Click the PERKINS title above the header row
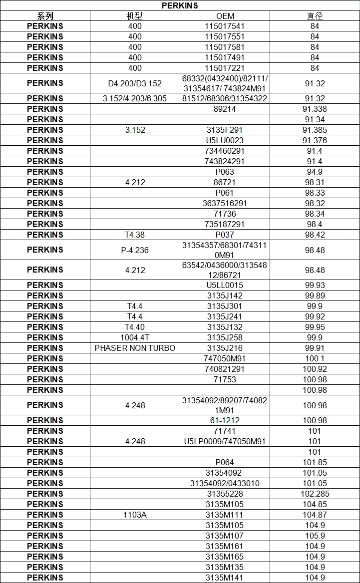click(180, 5)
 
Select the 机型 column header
click(135, 16)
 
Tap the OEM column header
click(225, 16)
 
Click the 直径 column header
click(315, 16)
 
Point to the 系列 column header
click(45, 16)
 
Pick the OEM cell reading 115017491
click(225, 57)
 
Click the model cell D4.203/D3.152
click(135, 83)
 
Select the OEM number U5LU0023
click(225, 140)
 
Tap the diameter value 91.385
click(315, 130)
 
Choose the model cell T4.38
click(135, 235)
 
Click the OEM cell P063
click(225, 172)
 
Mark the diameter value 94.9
click(315, 172)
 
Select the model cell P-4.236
click(135, 250)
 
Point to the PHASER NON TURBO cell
click(135, 348)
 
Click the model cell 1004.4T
click(135, 337)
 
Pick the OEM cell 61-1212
click(225, 420)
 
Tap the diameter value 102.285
click(315, 494)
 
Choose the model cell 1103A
click(135, 515)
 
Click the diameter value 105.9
click(315, 536)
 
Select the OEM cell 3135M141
click(225, 578)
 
